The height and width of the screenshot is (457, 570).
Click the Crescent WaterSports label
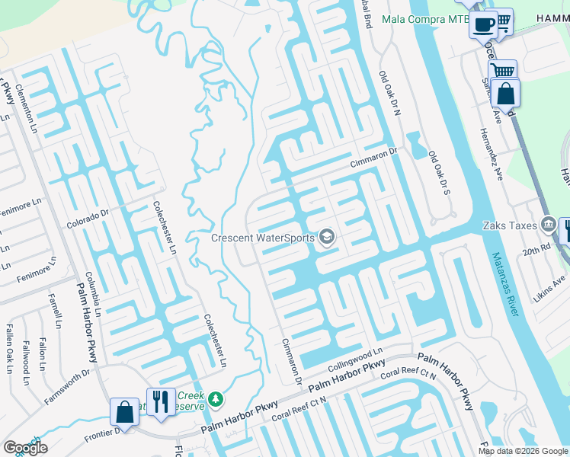click(x=263, y=238)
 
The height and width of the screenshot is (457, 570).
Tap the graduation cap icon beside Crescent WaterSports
click(x=327, y=238)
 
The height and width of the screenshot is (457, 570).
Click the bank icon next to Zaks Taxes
click(x=548, y=224)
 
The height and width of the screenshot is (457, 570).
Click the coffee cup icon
click(x=482, y=24)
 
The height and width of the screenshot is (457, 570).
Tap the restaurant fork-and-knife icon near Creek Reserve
click(x=160, y=401)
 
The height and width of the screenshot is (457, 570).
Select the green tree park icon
click(x=216, y=398)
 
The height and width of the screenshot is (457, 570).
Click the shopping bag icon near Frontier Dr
click(x=123, y=412)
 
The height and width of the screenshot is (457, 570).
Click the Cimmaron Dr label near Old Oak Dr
click(x=374, y=157)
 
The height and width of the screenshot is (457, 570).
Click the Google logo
click(x=25, y=448)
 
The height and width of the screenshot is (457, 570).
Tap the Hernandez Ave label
click(x=491, y=153)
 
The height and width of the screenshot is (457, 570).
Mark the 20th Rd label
click(x=536, y=249)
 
